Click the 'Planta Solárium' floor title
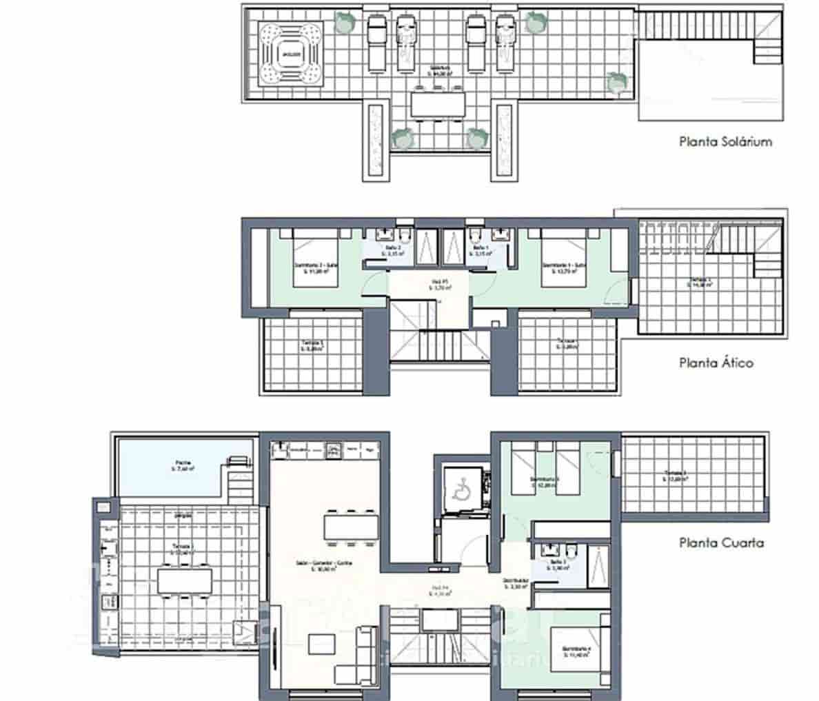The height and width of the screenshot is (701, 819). point(725,143)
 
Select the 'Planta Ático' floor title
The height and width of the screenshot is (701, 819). point(716,363)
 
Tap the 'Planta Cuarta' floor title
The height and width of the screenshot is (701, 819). point(721,542)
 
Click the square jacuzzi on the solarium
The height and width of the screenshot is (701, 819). point(290,53)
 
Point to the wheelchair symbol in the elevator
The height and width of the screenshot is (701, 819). point(458,489)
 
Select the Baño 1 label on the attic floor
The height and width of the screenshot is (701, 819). point(481,250)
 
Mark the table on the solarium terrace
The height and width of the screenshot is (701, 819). point(438,104)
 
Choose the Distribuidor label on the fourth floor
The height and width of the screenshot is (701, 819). point(515,584)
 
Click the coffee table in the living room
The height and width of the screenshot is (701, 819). point(321,644)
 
